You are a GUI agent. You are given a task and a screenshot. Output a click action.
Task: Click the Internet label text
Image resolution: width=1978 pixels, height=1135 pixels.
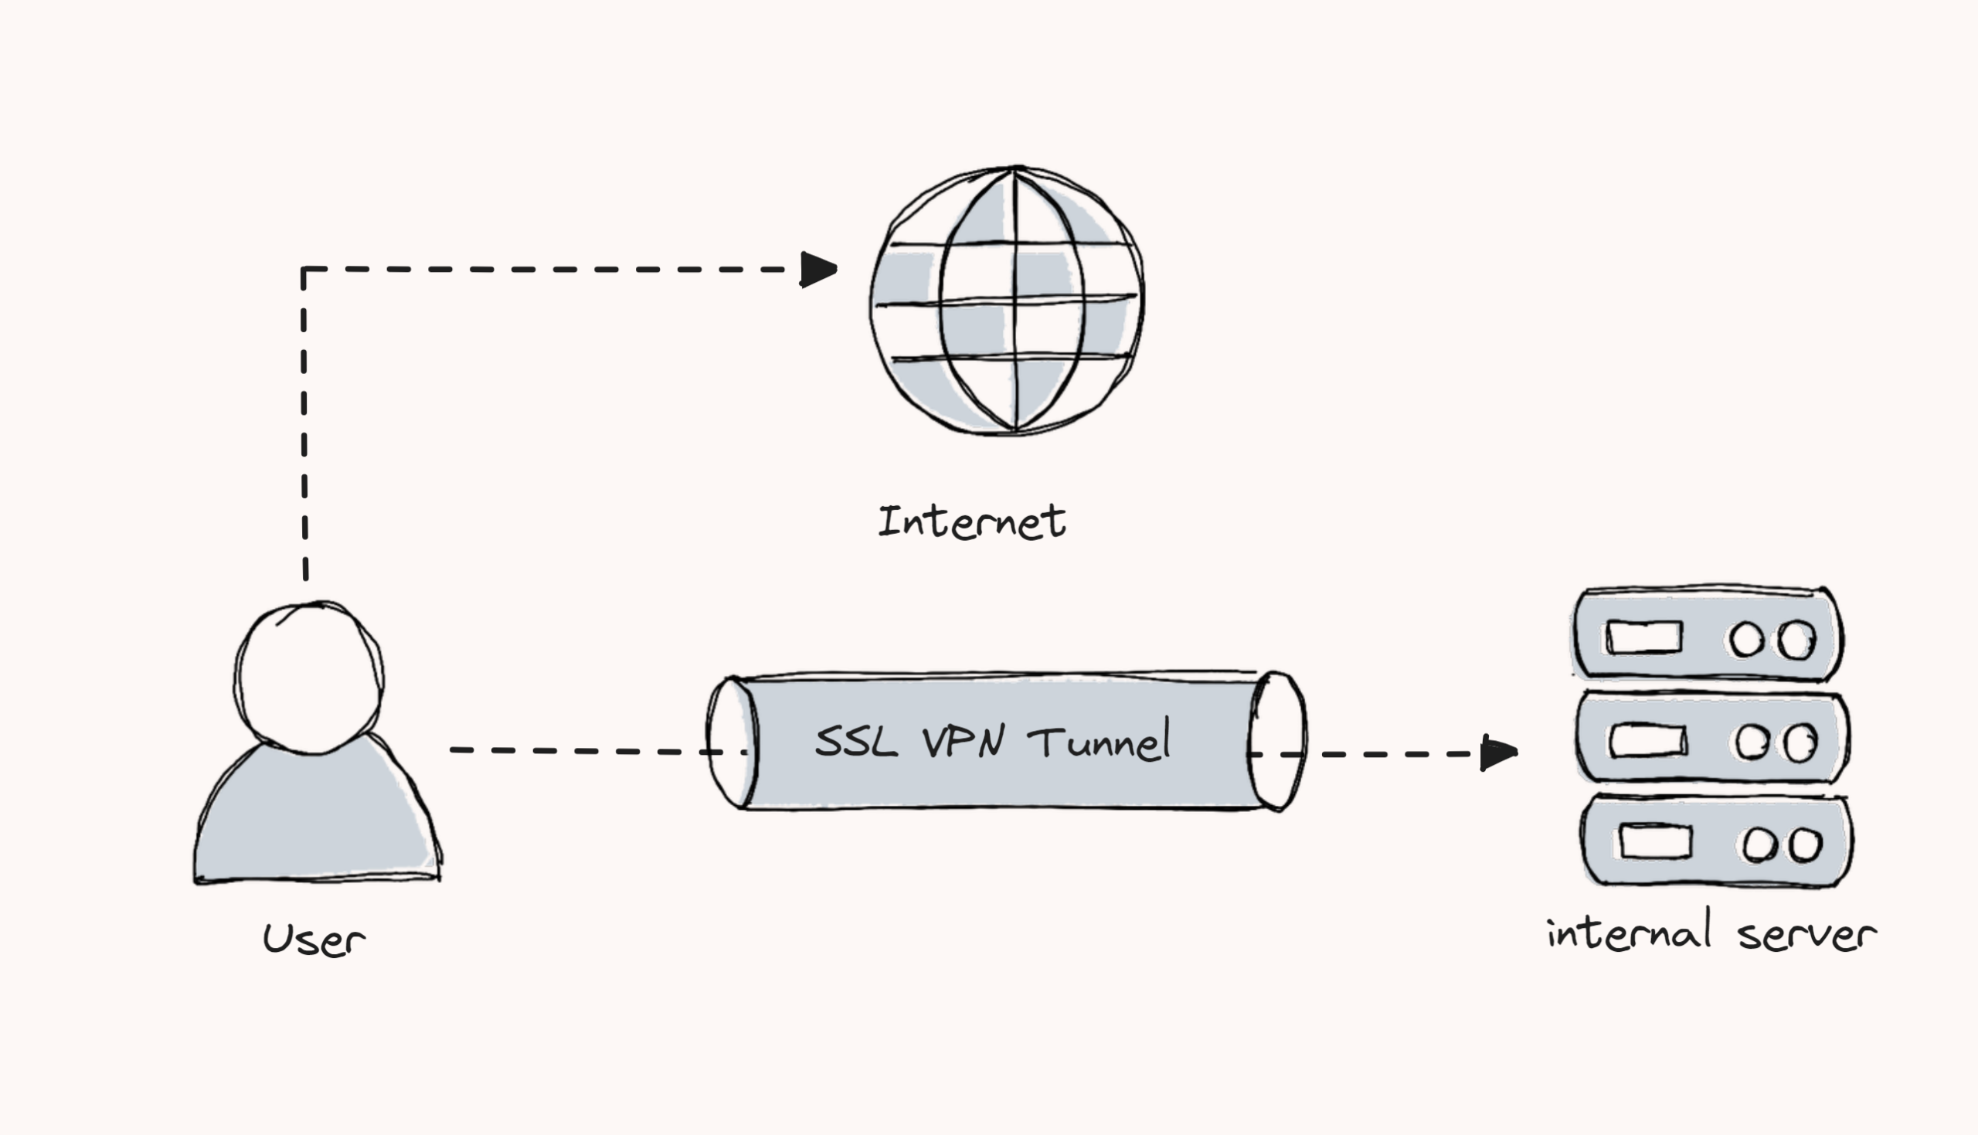pos(971,522)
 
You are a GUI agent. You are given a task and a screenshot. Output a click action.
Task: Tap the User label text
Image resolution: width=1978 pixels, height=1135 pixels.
pos(313,939)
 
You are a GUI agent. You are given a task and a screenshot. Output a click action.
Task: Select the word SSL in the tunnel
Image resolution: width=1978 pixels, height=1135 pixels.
pos(855,741)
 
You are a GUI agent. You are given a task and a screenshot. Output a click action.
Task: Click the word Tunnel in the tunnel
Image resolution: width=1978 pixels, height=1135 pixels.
pos(1099,741)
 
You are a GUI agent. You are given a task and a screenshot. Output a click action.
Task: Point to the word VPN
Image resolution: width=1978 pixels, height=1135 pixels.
pos(964,741)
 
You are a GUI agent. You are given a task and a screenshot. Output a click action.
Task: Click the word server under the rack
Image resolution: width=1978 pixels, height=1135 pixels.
pos(1806,935)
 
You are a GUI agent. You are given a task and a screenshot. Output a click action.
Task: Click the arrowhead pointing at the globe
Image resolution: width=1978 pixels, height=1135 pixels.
pos(818,270)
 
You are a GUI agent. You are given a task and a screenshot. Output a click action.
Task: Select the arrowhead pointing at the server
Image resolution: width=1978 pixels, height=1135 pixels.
pos(1498,753)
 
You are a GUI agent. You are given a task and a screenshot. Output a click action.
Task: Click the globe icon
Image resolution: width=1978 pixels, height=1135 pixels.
pos(1007,300)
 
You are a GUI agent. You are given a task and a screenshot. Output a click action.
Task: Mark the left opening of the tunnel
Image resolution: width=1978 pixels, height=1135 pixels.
pos(731,742)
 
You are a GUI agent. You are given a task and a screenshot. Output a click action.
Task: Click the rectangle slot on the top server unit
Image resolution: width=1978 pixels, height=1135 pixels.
pos(1643,637)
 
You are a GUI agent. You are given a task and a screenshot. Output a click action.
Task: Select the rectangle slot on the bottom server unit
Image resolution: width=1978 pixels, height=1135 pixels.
pos(1655,842)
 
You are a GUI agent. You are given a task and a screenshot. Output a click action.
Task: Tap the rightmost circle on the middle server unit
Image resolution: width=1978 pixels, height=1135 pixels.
pos(1801,743)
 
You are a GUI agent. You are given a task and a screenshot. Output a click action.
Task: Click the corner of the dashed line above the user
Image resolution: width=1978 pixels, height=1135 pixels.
pos(304,270)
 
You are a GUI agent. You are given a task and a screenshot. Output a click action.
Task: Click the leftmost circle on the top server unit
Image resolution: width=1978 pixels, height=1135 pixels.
pos(1745,639)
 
